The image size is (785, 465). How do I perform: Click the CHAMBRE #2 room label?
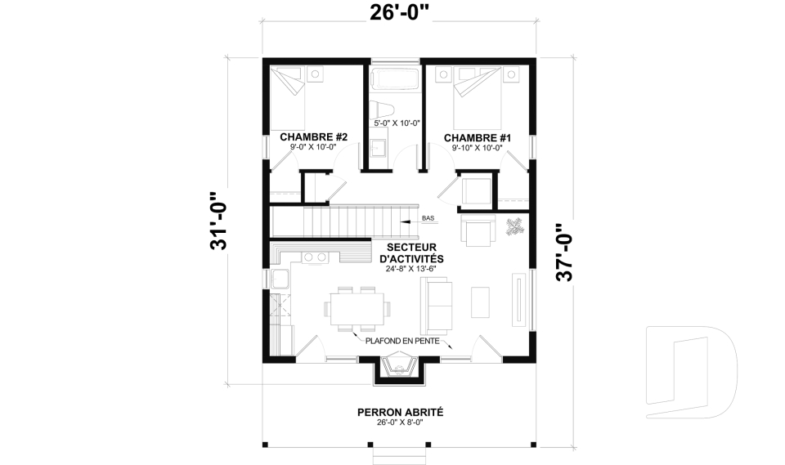click(x=313, y=136)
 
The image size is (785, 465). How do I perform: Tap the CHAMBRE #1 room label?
click(x=477, y=137)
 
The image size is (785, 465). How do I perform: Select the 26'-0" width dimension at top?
click(x=400, y=12)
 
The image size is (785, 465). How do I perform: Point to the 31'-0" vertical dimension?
click(x=219, y=221)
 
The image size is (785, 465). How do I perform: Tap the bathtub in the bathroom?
click(x=397, y=80)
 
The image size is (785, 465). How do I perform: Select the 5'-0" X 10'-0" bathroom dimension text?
click(x=397, y=123)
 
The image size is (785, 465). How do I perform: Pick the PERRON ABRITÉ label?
click(x=400, y=413)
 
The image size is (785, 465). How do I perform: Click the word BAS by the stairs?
click(x=428, y=218)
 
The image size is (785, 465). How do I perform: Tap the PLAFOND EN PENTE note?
click(x=402, y=342)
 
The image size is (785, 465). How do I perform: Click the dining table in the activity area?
click(x=357, y=309)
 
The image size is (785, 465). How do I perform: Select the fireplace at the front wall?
click(x=399, y=368)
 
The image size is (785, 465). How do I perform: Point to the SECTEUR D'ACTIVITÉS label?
click(x=411, y=253)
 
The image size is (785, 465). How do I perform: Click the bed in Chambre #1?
click(x=477, y=98)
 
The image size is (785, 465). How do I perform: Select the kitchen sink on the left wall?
click(x=280, y=279)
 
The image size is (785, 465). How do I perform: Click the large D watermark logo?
click(x=692, y=372)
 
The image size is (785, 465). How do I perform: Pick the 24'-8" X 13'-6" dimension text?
click(x=411, y=269)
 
